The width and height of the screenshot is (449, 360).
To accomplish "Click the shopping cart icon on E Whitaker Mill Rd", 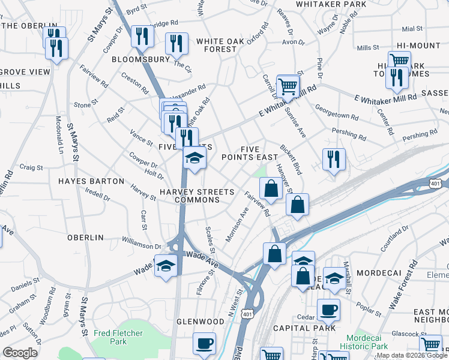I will [x=288, y=86].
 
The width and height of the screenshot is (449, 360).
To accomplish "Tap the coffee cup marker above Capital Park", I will [x=328, y=310].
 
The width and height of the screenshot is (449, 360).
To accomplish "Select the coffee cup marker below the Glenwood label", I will [x=204, y=344].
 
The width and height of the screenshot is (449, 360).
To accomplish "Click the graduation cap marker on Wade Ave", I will [x=166, y=266].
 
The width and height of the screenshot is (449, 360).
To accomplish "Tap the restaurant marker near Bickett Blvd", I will [x=334, y=160].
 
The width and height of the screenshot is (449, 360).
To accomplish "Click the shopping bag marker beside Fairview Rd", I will [x=271, y=189].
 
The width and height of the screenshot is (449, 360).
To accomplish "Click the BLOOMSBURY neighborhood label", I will [x=140, y=60].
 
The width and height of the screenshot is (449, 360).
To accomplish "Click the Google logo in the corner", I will [x=20, y=353].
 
